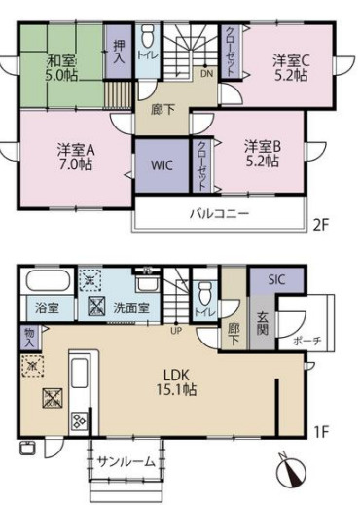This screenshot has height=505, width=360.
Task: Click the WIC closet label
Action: tap(162, 165)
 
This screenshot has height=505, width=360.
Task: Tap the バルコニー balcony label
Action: tap(221, 213)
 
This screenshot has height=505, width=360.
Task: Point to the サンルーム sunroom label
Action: tap(126, 462)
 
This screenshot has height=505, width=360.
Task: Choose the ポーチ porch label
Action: tap(309, 342)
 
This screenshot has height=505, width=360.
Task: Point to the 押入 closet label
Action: tap(120, 52)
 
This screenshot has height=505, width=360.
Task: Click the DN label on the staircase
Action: tap(206, 73)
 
